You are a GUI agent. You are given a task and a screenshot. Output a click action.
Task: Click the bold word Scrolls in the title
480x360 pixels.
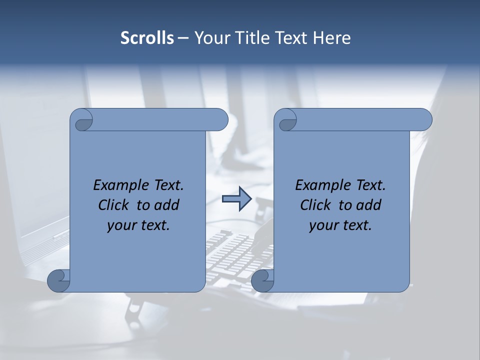tap(147, 38)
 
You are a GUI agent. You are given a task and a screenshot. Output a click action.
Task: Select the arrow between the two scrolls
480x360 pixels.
tap(236, 199)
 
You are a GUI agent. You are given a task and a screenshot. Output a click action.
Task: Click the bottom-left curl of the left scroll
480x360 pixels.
tap(58, 280)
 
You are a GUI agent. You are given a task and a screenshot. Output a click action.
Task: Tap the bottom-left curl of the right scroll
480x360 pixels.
tap(262, 280)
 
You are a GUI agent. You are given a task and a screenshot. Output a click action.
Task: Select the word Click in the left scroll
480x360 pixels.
tap(115, 205)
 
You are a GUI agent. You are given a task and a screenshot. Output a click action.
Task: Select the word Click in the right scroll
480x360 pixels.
tap(317, 205)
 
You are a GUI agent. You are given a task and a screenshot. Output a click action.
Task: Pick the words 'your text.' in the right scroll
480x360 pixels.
tap(340, 225)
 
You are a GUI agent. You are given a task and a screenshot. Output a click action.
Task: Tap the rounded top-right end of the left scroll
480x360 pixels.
tap(220, 120)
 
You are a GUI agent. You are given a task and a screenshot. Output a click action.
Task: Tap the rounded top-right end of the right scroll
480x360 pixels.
tap(424, 120)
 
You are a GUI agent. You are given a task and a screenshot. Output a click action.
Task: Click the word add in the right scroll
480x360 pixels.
tap(368, 205)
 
